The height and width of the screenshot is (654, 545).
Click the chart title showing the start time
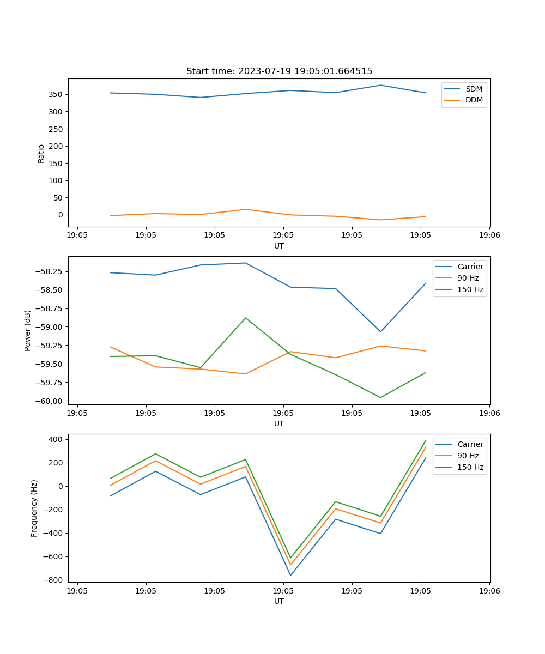pos(279,71)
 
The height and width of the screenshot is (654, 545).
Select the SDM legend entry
pos(474,89)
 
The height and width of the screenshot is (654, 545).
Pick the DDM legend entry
pos(474,100)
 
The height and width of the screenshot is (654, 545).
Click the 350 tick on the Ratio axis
pos(57,94)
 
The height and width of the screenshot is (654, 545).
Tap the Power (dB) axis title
pos(28,330)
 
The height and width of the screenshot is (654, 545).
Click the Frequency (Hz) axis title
pos(34,508)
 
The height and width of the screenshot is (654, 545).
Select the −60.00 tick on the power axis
pos(50,401)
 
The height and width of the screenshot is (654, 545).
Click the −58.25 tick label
pos(50,271)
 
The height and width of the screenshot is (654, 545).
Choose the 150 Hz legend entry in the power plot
pos(470,289)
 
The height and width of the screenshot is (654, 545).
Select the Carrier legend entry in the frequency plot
pos(470,444)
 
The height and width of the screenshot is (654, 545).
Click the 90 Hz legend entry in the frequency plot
pos(468,456)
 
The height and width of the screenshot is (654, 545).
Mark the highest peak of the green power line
pos(245,318)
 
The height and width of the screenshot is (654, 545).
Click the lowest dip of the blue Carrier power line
pos(380,332)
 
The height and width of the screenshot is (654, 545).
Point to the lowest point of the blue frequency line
pos(290,575)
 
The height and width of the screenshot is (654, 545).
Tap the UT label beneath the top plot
pos(279,246)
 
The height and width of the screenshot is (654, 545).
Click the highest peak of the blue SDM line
pos(380,85)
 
